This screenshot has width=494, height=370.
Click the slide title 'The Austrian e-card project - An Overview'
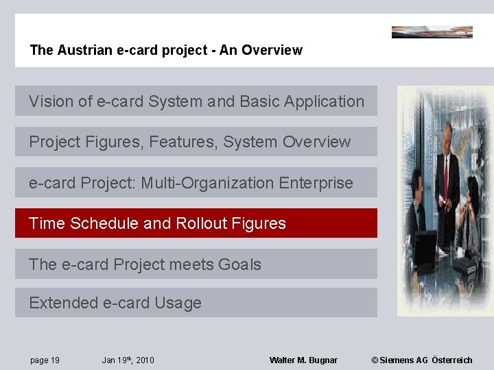click(166, 50)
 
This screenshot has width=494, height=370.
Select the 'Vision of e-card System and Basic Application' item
click(196, 101)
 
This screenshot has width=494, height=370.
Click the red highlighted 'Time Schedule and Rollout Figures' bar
click(196, 223)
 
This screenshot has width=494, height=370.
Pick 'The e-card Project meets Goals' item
click(196, 264)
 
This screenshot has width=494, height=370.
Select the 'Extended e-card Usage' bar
click(196, 303)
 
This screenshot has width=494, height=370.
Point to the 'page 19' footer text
click(45, 360)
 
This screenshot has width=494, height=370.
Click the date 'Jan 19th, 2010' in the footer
click(128, 360)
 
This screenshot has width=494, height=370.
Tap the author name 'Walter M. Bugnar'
click(303, 360)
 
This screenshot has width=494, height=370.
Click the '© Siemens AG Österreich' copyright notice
click(422, 360)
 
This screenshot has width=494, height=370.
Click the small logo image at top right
click(432, 32)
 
